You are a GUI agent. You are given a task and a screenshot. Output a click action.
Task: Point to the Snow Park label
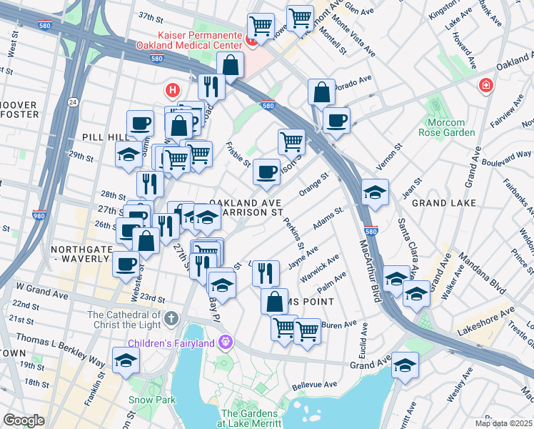pyautogui.click(x=151, y=400)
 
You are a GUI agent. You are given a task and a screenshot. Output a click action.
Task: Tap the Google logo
pyautogui.click(x=24, y=420)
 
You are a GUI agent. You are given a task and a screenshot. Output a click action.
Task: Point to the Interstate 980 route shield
pyautogui.click(x=39, y=214)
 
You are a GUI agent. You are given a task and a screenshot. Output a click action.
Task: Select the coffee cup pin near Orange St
pyautogui.click(x=266, y=172)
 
